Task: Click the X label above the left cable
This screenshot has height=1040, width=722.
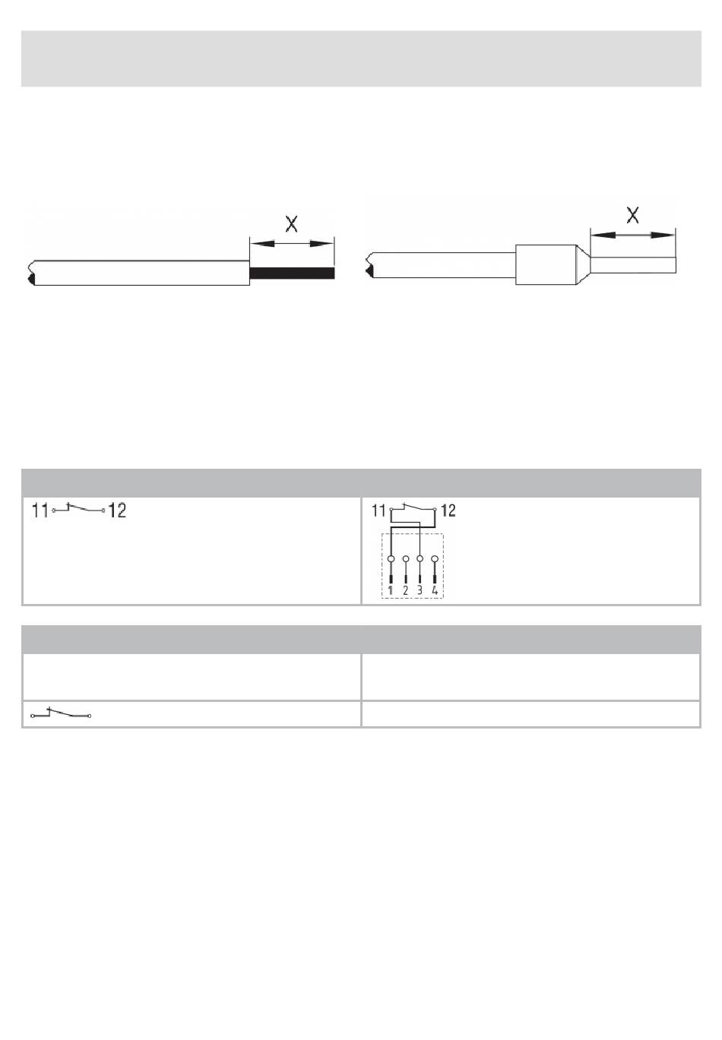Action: [291, 224]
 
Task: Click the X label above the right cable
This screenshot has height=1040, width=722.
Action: [632, 215]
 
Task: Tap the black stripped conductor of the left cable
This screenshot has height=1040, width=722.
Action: [292, 273]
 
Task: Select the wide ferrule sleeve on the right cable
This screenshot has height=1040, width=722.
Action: [546, 264]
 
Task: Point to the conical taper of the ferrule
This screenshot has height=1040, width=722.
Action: [583, 264]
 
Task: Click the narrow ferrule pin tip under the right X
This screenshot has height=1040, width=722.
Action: [633, 264]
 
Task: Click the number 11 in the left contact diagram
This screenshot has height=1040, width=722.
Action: [40, 511]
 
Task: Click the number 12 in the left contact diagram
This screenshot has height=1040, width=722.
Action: [116, 511]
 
